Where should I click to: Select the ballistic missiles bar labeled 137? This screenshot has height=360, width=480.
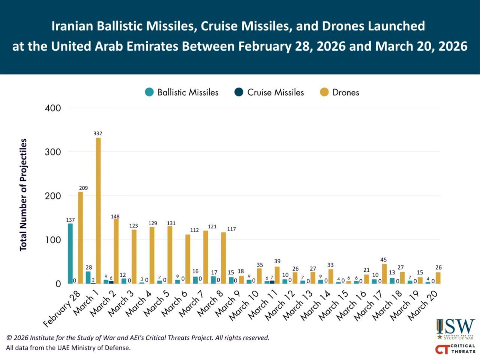coord(70,253)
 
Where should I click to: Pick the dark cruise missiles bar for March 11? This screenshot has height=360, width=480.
coord(272,282)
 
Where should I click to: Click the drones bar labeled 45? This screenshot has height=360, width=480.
coord(384,274)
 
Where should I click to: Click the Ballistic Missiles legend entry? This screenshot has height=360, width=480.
coord(181,92)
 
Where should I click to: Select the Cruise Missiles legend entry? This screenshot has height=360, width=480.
coord(269,92)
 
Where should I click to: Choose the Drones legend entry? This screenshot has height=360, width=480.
coord(339,92)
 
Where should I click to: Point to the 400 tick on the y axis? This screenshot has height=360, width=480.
coord(53,108)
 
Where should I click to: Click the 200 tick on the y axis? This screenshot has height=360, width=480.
coord(53,196)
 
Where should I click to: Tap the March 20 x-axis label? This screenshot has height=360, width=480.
coord(423,305)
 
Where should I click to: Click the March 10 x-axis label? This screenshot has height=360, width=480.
coord(244,305)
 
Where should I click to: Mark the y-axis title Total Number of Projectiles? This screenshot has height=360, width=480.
coord(23,195)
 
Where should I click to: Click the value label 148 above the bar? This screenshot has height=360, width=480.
coord(115,216)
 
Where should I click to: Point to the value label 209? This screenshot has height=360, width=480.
coord(83,188)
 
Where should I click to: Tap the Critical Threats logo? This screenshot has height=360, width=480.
coord(455,349)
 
